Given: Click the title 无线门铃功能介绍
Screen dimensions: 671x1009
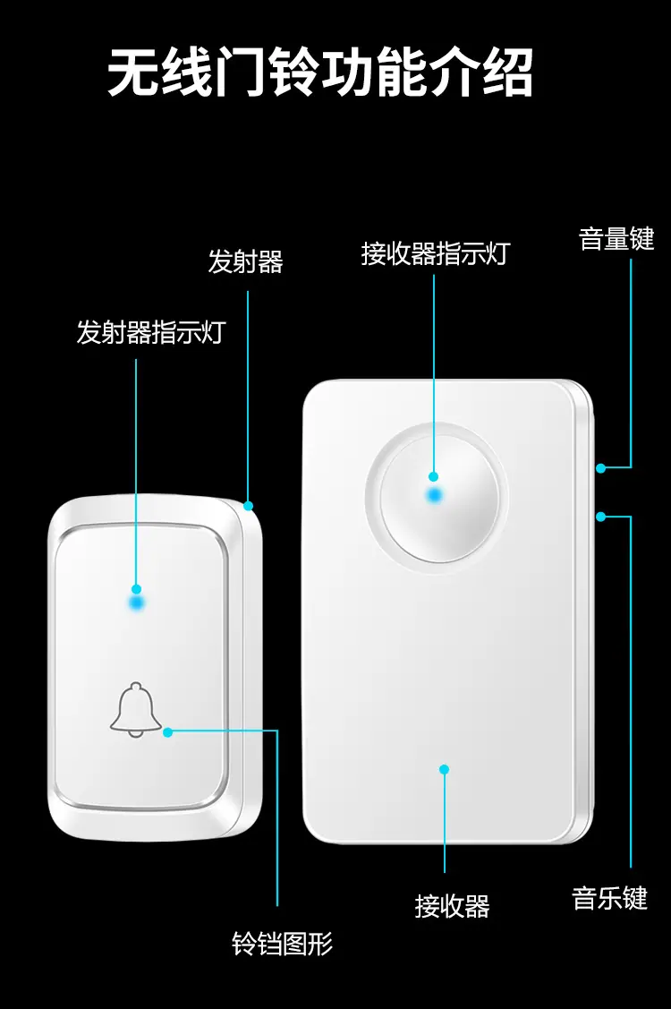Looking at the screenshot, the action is click(x=320, y=72).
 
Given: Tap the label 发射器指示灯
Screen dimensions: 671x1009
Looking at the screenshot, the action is click(x=151, y=333).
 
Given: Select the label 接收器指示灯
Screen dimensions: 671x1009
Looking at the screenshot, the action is click(x=436, y=253).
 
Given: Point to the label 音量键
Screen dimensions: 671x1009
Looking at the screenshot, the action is click(x=616, y=239).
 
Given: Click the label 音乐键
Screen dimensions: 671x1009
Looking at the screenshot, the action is click(x=609, y=898).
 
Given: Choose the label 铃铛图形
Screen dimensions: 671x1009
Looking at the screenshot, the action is click(x=283, y=944).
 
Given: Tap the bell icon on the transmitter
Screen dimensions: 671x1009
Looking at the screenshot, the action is click(x=136, y=710).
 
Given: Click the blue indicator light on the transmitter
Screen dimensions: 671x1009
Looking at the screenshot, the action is click(x=137, y=603).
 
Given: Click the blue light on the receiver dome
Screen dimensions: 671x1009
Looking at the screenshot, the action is click(x=436, y=495).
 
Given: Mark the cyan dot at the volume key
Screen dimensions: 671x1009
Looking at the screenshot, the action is click(x=600, y=468).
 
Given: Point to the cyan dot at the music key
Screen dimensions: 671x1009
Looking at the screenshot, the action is click(x=600, y=516).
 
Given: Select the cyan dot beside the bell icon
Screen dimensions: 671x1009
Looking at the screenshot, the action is click(x=168, y=731).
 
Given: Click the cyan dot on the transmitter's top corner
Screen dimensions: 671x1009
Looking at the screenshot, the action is click(x=249, y=506).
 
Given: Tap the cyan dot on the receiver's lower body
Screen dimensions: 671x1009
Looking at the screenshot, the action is click(x=444, y=769).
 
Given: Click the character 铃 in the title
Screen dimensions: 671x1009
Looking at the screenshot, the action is click(x=293, y=72).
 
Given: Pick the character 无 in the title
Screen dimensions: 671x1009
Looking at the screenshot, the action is click(x=132, y=72).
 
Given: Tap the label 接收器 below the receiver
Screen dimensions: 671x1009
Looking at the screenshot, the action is click(x=453, y=906).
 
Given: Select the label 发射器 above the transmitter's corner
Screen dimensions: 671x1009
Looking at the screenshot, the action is click(x=246, y=261).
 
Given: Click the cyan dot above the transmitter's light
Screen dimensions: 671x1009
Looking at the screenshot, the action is click(x=136, y=589).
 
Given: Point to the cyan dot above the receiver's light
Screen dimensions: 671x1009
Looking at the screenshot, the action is click(x=434, y=477).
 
